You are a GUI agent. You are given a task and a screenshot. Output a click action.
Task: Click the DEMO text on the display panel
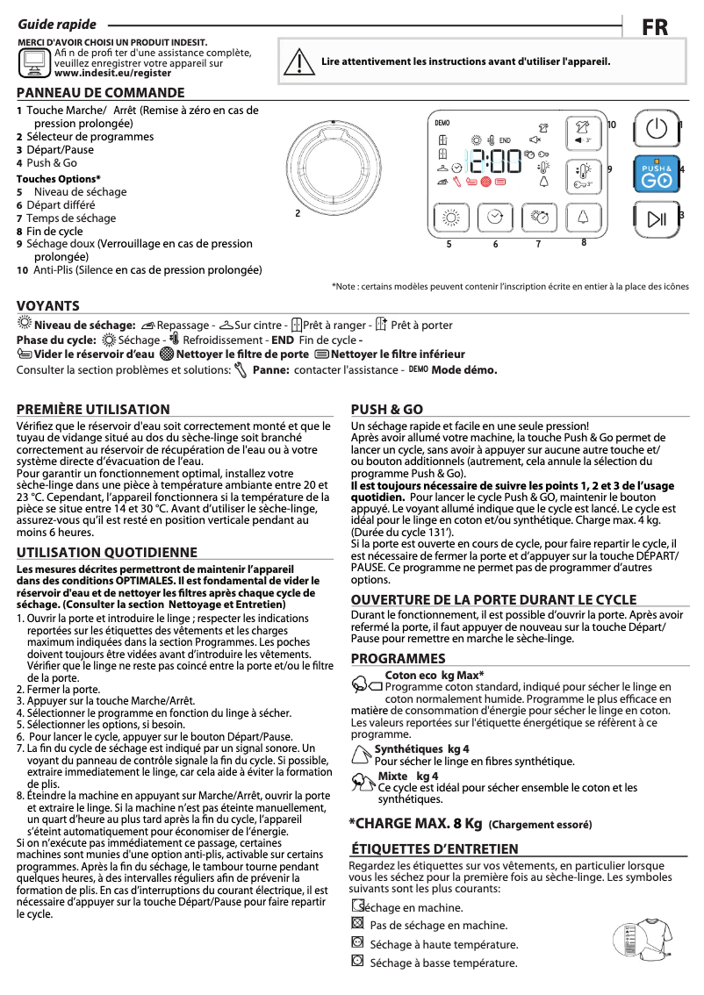click(442, 122)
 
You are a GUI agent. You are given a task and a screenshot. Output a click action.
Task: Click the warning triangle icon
click(300, 61)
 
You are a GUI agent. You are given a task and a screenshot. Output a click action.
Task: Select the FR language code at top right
click(655, 27)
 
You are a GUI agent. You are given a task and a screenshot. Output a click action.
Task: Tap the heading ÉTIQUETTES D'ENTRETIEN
click(435, 848)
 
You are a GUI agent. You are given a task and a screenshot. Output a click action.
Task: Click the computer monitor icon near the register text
click(34, 61)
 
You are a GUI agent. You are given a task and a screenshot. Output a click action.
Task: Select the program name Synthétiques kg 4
click(421, 748)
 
